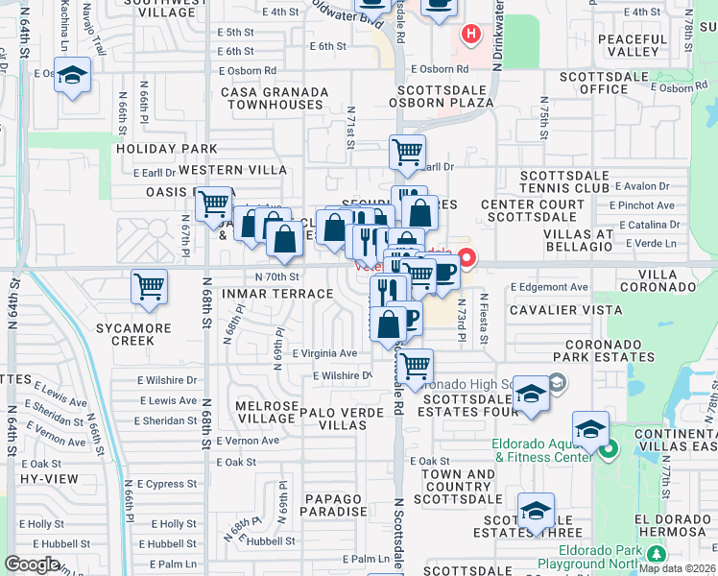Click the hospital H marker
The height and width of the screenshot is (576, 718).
click(470, 36)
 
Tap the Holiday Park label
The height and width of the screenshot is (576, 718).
click(167, 149)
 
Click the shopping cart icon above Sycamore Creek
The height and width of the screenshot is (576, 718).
click(149, 286)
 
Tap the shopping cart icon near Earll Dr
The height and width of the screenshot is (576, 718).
click(407, 151)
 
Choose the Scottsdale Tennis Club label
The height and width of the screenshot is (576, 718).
click(564, 182)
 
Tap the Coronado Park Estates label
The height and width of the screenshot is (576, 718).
click(610, 350)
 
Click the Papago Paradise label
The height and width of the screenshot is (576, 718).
click(332, 505)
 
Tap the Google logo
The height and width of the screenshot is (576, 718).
click(32, 564)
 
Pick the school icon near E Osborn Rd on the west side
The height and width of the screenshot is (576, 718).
click(72, 77)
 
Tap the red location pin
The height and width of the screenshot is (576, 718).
click(467, 257)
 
